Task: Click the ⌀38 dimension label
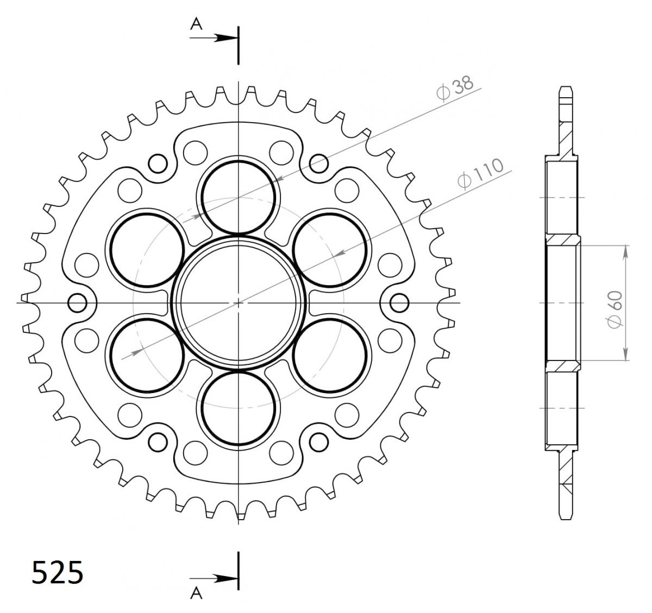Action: tap(455, 87)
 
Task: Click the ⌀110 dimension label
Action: tap(481, 174)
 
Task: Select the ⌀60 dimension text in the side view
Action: tap(615, 309)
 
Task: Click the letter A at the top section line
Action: tap(196, 24)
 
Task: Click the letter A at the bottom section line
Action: tap(196, 602)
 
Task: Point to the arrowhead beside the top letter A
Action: tap(227, 38)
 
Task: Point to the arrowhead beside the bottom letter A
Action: tap(227, 579)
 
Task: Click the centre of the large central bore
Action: tap(239, 302)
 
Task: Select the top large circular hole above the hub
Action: tap(239, 198)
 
